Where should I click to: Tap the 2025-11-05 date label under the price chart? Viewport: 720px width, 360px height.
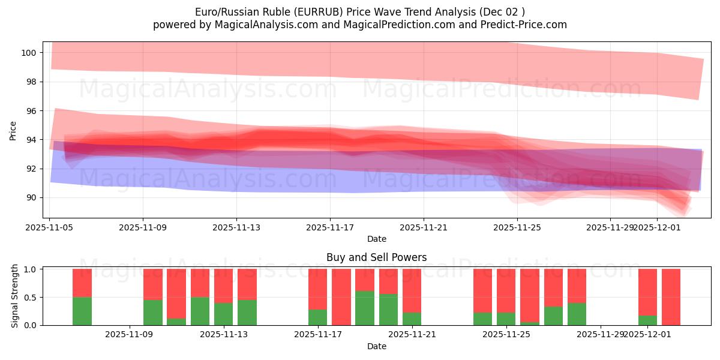[49, 227]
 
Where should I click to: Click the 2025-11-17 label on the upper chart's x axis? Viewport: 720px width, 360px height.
[330, 227]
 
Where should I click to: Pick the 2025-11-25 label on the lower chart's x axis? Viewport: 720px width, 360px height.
[506, 335]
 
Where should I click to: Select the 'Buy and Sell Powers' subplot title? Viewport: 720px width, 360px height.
[376, 257]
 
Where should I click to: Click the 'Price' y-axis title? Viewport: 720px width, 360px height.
[13, 130]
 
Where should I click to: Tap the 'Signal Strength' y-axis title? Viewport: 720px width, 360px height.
[15, 296]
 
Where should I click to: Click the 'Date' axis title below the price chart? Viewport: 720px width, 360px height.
[376, 239]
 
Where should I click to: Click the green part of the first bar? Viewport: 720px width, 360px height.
[82, 311]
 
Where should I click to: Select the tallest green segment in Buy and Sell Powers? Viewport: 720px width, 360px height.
[365, 308]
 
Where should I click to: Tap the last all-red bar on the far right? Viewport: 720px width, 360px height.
[671, 297]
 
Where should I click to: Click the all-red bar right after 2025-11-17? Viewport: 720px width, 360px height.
[341, 297]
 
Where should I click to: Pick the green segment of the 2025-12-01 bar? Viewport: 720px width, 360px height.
[647, 320]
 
